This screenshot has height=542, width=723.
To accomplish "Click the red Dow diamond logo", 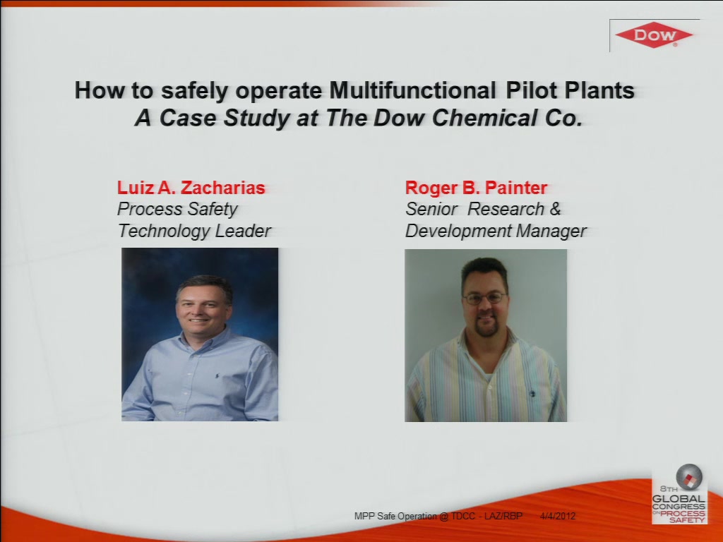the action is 654,35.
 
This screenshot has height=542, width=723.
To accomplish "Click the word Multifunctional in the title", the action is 412,90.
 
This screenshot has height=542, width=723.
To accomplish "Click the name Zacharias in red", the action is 222,188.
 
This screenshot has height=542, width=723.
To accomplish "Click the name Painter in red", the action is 516,188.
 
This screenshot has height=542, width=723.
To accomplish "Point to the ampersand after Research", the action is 555,209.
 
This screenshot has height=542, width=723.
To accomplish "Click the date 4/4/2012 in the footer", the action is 558,516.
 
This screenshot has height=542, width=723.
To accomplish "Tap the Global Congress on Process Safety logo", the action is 679,494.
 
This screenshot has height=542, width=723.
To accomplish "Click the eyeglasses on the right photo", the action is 484,299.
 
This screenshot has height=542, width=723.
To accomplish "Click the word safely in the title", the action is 194,91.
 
